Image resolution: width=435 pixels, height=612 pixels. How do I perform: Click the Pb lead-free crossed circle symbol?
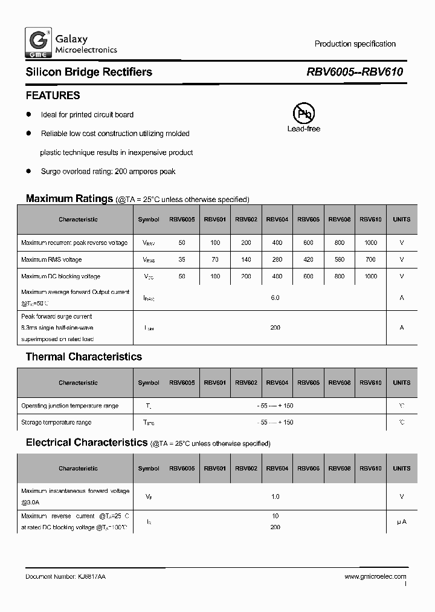303,113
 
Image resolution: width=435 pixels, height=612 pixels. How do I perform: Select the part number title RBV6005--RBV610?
355,72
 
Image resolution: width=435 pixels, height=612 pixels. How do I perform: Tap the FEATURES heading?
53,96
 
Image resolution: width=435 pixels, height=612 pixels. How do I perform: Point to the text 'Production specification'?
355,44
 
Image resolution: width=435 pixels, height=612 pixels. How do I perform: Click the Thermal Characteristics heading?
83,357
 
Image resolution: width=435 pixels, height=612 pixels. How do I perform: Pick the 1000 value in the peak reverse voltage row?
370,243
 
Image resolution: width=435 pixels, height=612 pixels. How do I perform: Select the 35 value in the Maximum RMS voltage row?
182,259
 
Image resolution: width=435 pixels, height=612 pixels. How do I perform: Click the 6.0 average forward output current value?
275,298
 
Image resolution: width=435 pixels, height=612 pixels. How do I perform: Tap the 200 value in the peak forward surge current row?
275,327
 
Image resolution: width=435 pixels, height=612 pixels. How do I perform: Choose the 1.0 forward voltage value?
275,496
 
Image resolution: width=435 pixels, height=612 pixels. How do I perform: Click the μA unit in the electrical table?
401,521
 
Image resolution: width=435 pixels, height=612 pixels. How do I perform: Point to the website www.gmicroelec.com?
375,577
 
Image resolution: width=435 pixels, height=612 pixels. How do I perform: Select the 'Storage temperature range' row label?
56,422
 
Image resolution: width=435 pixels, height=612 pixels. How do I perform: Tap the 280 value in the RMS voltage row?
277,259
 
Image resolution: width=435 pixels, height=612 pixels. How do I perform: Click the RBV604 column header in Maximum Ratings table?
277,220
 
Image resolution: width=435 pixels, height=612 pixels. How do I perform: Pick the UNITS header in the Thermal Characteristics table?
401,382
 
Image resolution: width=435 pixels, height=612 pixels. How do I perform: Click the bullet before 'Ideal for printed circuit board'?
28,114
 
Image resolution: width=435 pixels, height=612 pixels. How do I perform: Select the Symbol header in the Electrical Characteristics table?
149,468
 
